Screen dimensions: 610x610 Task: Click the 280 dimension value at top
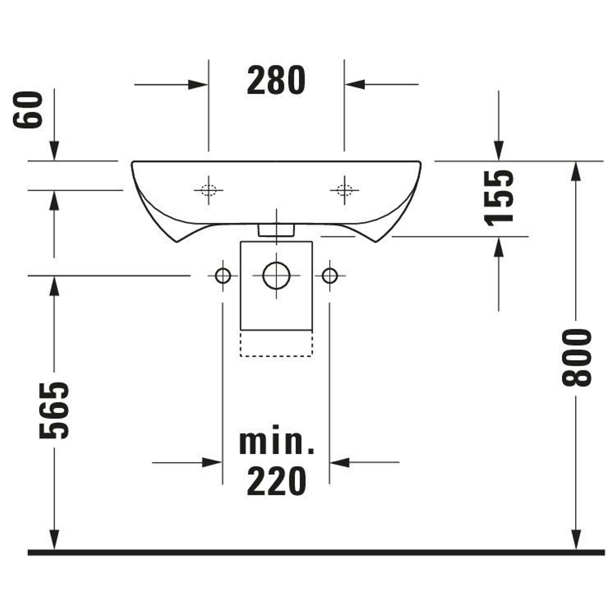coord(276,81)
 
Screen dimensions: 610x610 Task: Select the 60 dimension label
coord(28,110)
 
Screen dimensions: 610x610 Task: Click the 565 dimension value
coord(54,411)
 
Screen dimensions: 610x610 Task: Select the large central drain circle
coord(276,276)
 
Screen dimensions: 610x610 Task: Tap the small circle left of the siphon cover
coord(223,276)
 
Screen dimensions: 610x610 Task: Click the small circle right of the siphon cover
coord(330,276)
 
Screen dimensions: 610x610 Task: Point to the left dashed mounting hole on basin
coord(208,190)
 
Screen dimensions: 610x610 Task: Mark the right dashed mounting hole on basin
coord(344,190)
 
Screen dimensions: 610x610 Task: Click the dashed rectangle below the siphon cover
coord(276,343)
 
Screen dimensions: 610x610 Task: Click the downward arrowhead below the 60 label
coord(54,151)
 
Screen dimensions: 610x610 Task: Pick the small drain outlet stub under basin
coord(276,230)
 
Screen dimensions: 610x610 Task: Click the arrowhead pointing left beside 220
coord(340,462)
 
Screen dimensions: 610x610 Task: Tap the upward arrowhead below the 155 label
coord(499,246)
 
